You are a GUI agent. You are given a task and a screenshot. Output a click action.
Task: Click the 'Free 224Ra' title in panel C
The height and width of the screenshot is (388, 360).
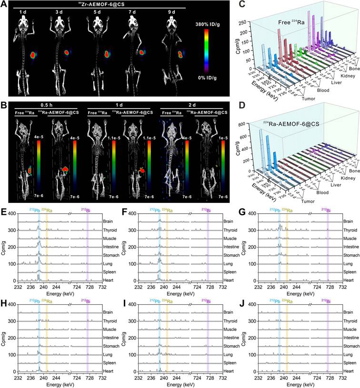(x=293, y=22)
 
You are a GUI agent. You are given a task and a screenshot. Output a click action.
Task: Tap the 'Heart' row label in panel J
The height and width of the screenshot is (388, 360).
(x=350, y=370)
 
